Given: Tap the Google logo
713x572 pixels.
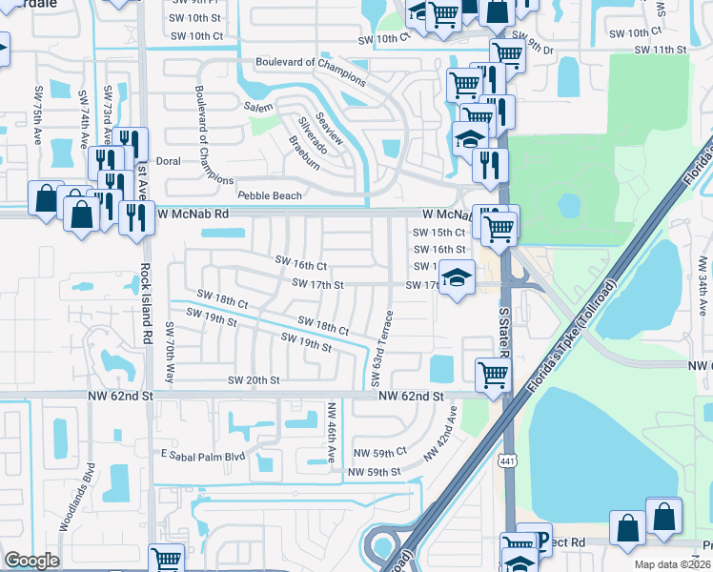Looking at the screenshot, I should click(31, 561).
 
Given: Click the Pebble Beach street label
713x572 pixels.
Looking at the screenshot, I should click(270, 195).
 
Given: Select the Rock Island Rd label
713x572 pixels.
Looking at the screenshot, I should click(147, 303).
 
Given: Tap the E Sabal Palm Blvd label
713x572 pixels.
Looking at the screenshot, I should click(203, 456).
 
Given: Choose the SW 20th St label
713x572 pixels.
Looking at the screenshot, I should click(254, 379).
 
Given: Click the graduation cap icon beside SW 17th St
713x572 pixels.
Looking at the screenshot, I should click(458, 277).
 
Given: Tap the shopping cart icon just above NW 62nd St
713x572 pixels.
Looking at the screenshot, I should click(492, 373).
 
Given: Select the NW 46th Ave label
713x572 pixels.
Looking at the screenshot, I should click(331, 432).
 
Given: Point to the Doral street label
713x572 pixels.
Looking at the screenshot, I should click(168, 161).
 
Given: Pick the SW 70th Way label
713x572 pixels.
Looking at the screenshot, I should click(170, 352).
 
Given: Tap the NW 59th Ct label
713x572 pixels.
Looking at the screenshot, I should click(379, 452).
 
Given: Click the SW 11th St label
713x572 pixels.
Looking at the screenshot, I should click(660, 49).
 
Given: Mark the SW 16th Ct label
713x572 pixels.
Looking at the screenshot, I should click(300, 264).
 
